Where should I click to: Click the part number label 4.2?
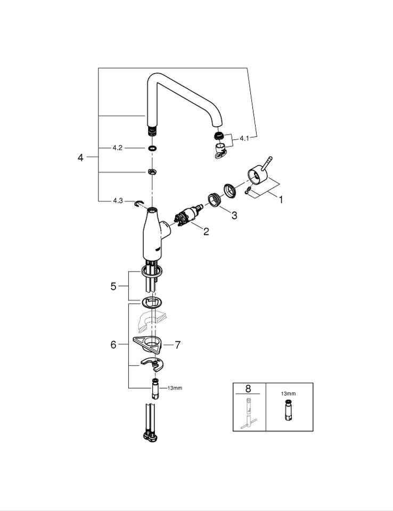(117, 148)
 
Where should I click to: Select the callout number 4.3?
(117, 201)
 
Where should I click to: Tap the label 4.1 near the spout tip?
(244, 138)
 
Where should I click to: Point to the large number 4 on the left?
(80, 158)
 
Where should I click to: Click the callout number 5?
(113, 286)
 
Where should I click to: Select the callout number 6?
(113, 345)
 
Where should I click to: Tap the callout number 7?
(177, 345)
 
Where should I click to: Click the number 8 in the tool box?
(248, 388)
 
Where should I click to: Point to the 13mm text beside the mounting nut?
(174, 388)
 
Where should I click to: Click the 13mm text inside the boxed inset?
(288, 394)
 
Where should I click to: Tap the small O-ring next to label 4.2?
(152, 148)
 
